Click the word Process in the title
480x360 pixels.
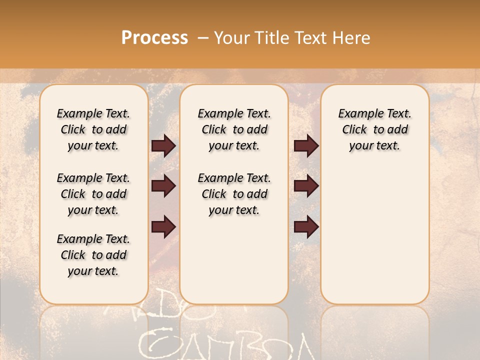[154, 38]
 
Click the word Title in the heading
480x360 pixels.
[270, 38]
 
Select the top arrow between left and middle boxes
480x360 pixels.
[163, 146]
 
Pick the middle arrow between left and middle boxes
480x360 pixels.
[163, 186]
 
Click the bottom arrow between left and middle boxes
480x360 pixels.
[163, 226]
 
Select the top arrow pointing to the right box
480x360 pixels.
[305, 146]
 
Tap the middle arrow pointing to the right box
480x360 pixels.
[305, 186]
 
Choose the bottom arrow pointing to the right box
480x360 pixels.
[305, 226]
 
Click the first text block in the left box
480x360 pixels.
[93, 129]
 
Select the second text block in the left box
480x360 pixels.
[93, 194]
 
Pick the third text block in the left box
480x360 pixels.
[93, 255]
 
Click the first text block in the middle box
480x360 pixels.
[234, 129]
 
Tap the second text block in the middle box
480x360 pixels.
[234, 194]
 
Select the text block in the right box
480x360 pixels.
[375, 129]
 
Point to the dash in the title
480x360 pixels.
[202, 38]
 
